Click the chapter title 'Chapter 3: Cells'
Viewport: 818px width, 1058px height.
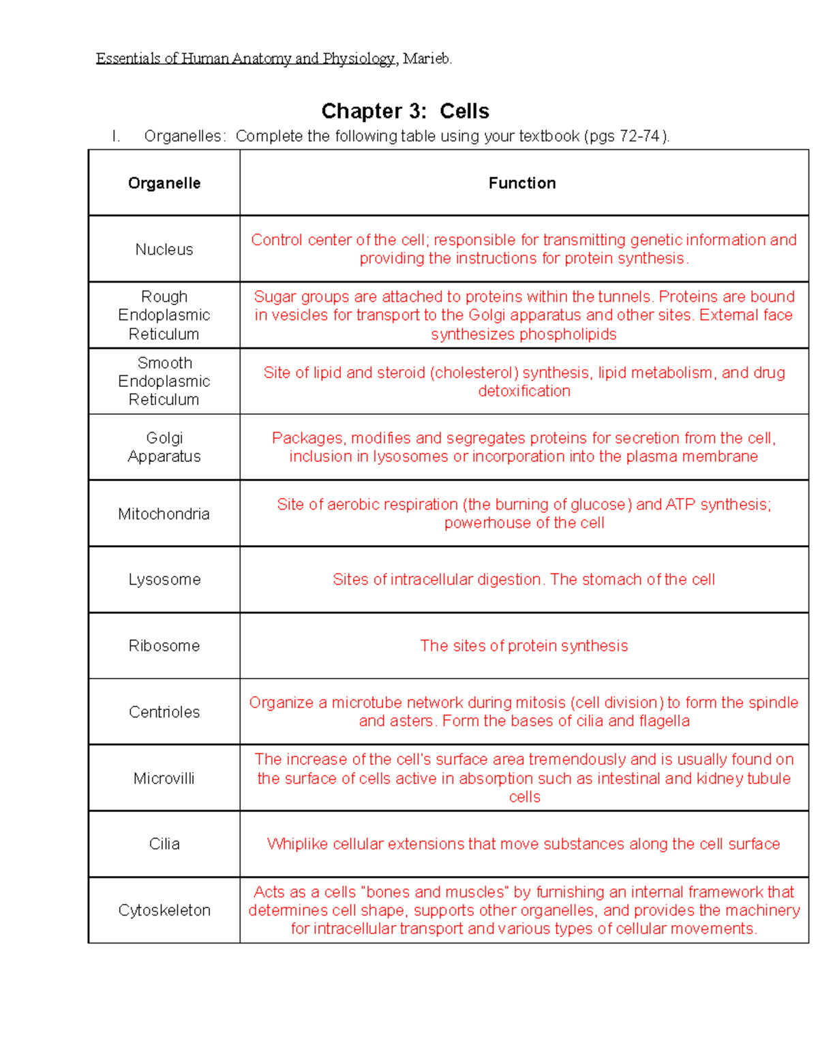click(x=405, y=111)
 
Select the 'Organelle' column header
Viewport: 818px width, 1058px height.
click(x=164, y=183)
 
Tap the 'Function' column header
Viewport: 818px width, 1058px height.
click(x=522, y=183)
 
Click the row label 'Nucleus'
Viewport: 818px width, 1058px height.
click(x=164, y=250)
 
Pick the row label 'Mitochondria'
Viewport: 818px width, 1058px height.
click(x=164, y=514)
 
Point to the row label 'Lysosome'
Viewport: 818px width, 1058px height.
click(x=164, y=580)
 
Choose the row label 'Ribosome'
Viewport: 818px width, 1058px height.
click(x=164, y=646)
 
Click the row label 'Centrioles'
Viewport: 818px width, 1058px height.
click(x=164, y=713)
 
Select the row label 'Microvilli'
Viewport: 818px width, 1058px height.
click(x=164, y=779)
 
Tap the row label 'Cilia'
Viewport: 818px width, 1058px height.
click(x=164, y=844)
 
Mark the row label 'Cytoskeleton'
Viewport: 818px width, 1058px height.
click(x=164, y=911)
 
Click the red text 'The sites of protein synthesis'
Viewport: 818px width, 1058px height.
click(x=524, y=646)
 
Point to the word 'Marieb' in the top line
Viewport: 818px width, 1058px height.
click(x=426, y=59)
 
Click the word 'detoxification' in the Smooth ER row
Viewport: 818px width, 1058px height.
click(x=524, y=392)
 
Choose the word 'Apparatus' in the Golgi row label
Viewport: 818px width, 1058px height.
click(x=164, y=457)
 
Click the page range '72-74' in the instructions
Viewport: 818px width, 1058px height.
click(x=639, y=136)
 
